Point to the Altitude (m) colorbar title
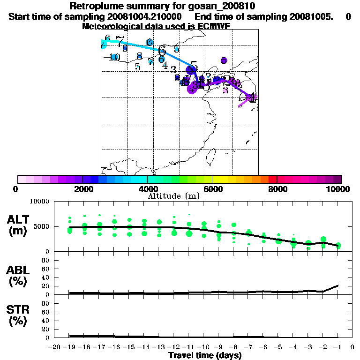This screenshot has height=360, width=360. (x=174, y=196)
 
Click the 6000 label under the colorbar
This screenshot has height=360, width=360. (x=212, y=189)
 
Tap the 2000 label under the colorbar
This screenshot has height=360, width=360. (x=82, y=189)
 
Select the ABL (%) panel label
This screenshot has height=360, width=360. (x=17, y=276)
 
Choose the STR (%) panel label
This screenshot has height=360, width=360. (x=17, y=315)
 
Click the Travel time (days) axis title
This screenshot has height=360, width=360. (x=205, y=356)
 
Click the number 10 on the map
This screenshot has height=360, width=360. (x=114, y=57)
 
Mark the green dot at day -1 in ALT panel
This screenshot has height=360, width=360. (x=338, y=246)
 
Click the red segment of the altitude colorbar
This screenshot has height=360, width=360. (x=272, y=179)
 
